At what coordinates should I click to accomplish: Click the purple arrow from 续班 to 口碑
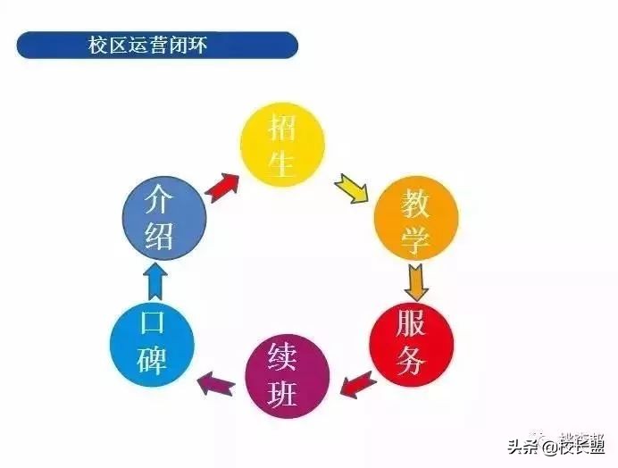216,383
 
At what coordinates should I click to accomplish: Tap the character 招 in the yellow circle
283,128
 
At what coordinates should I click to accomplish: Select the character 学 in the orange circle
416,237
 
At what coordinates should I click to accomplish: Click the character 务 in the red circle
412,363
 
